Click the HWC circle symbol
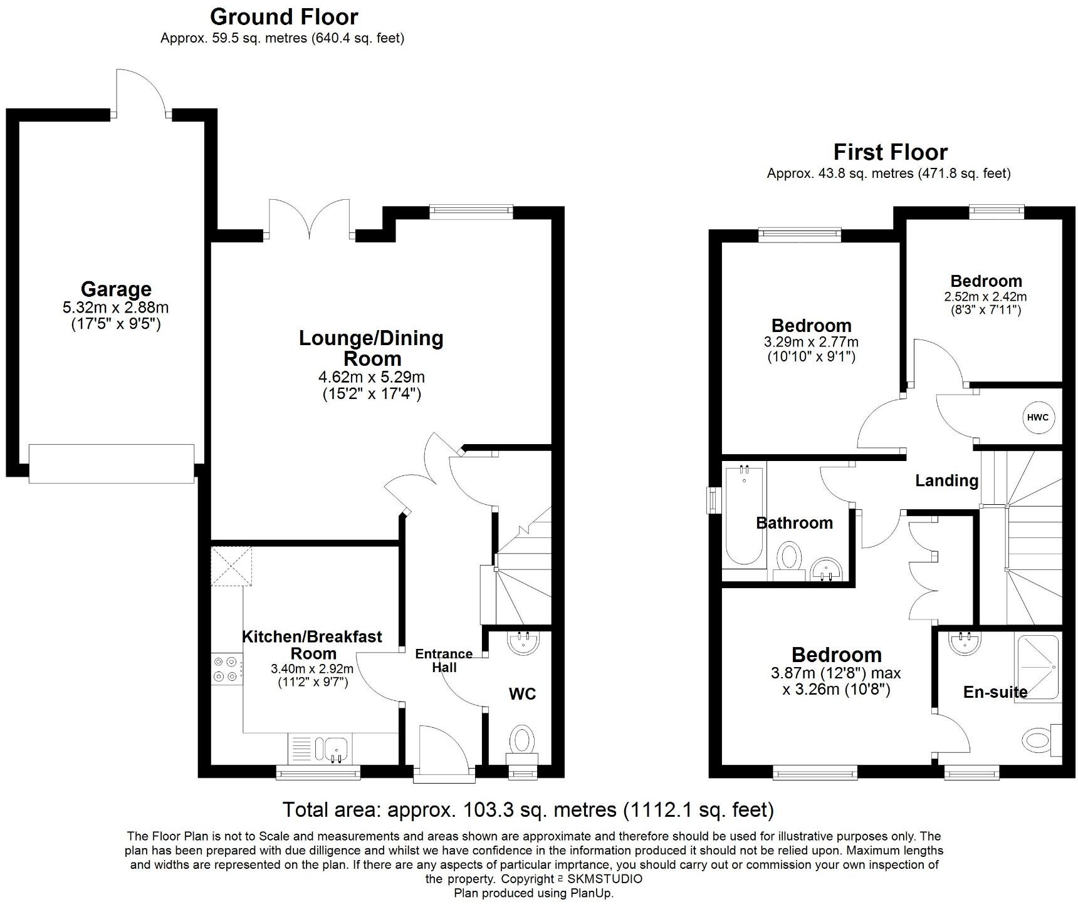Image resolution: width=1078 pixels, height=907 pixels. (x=1038, y=418)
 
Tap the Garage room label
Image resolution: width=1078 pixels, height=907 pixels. (x=116, y=289)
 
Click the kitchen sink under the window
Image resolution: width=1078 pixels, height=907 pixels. (x=336, y=749)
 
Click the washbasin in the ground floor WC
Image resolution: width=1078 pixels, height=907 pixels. (x=522, y=643)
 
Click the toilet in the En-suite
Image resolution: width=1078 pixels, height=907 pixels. (x=1040, y=740)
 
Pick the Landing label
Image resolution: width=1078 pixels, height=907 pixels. (x=946, y=480)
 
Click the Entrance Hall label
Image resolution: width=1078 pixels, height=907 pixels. (x=444, y=660)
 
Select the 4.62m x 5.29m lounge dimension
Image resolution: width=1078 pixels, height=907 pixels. (x=372, y=377)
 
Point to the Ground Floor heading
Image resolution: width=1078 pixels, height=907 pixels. (x=284, y=16)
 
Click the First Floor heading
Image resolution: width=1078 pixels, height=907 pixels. (x=890, y=152)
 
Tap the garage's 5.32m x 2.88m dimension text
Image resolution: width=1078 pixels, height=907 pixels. (x=116, y=308)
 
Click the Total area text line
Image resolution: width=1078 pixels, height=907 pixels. (x=528, y=810)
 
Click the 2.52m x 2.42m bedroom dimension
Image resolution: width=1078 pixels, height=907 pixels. (x=985, y=297)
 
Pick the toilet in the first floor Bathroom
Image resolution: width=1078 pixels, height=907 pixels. (x=789, y=557)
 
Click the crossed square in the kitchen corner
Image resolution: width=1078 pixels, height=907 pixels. (x=232, y=566)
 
